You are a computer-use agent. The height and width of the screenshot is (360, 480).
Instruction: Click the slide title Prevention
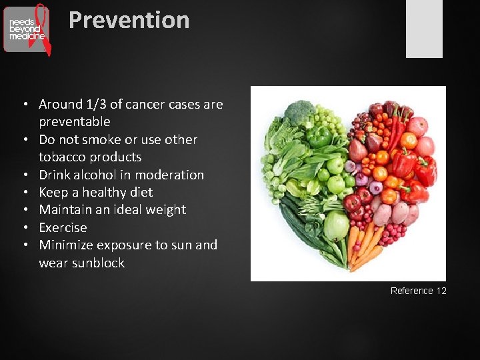coord(129,20)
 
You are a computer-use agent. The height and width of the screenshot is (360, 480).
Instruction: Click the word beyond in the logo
coord(25,29)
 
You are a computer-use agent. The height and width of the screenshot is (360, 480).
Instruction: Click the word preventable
coord(74,122)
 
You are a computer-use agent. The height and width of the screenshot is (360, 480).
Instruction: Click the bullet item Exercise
coord(63,228)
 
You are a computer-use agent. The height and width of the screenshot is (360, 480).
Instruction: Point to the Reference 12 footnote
coord(418,291)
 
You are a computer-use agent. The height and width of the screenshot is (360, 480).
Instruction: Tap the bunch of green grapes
coord(326,120)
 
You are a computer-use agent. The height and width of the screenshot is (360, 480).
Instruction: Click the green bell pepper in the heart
coord(319,137)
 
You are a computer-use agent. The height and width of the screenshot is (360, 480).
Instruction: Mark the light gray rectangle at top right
coord(424,29)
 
